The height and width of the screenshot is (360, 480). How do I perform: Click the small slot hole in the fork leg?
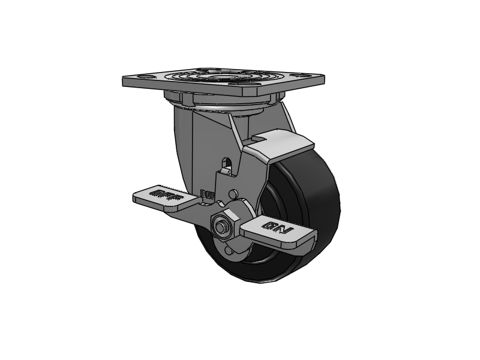click(226, 164)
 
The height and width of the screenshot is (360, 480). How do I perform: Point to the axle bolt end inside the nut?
click(220, 227)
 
